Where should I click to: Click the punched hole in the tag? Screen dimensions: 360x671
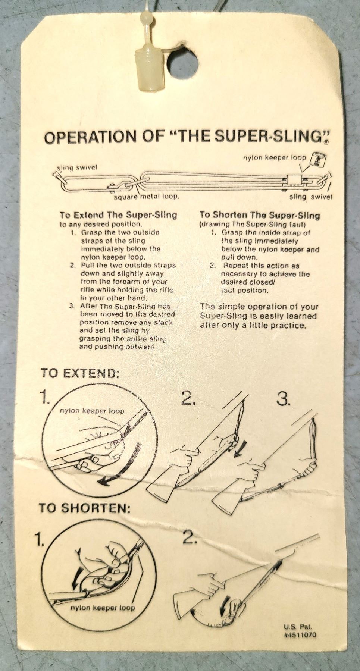point(181,64)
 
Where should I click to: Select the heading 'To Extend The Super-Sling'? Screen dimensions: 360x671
point(118,215)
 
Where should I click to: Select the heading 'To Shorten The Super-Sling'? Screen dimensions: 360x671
point(260,215)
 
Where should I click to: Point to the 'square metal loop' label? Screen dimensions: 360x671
point(146,196)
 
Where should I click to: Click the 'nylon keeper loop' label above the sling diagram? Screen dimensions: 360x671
point(275,158)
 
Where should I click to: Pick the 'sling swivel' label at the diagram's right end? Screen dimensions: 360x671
point(311,197)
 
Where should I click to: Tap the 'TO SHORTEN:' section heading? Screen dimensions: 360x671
point(85,508)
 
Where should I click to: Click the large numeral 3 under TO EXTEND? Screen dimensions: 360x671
point(284,399)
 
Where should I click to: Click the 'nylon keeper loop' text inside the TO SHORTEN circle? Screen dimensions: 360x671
point(103,608)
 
